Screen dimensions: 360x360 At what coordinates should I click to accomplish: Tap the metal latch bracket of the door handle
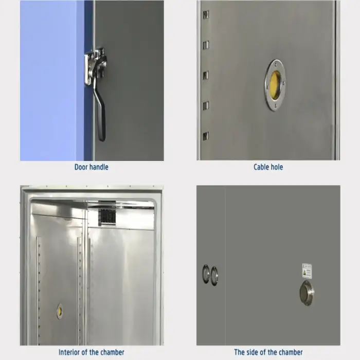96,65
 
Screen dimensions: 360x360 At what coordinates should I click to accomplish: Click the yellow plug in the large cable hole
275,85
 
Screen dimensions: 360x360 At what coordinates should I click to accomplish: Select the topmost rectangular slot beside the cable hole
206,15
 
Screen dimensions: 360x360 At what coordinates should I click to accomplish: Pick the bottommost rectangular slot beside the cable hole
206,136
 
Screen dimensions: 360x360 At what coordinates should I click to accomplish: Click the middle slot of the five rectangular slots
206,75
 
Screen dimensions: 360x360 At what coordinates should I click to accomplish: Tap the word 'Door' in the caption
81,167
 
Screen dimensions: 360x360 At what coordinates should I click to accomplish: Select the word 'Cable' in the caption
261,167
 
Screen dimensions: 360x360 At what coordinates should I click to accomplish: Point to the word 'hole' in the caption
277,167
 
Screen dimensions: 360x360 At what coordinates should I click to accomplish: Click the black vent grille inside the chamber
107,217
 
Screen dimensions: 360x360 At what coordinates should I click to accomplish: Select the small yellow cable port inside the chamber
60,311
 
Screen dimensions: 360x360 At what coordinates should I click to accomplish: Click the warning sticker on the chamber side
307,271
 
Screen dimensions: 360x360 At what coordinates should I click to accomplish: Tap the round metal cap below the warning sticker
307,293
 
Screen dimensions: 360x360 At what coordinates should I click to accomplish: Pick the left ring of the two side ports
206,274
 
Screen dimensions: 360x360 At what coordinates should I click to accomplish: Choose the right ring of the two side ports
214,276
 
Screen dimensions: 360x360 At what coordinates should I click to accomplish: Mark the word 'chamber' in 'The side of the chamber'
289,352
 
